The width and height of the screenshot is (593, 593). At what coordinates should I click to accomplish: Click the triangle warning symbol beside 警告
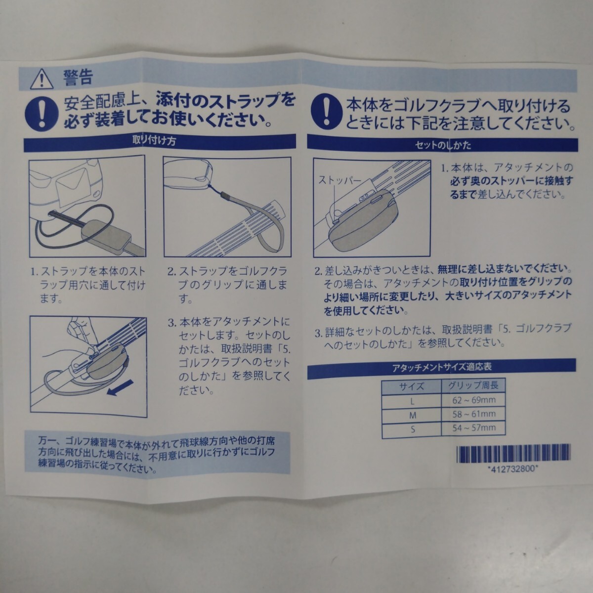pyautogui.click(x=42, y=78)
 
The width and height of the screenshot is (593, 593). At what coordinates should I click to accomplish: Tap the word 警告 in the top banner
pyautogui.click(x=77, y=78)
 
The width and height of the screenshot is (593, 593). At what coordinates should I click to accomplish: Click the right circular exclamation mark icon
pyautogui.click(x=325, y=110)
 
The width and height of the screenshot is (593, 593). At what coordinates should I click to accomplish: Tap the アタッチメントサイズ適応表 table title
pyautogui.click(x=442, y=367)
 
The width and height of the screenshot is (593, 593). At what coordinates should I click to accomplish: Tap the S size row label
pyautogui.click(x=412, y=430)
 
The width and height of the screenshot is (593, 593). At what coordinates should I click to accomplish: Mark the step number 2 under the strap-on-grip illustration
pyautogui.click(x=171, y=272)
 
